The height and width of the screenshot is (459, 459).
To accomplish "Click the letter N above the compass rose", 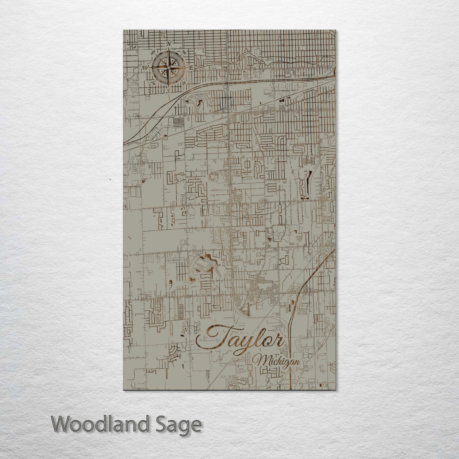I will [x=169, y=44].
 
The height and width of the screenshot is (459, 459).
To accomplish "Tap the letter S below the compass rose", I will [x=169, y=91].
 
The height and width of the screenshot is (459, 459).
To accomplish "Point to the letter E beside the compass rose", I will [x=191, y=68].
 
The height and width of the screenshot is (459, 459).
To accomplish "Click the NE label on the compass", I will [x=184, y=52].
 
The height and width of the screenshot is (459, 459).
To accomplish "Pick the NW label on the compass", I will [x=153, y=52].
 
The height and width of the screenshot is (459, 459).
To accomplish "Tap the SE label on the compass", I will [x=184, y=83].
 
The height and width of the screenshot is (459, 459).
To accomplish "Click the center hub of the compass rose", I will [x=169, y=67].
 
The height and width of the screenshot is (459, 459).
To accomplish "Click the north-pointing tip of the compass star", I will [x=169, y=51].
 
